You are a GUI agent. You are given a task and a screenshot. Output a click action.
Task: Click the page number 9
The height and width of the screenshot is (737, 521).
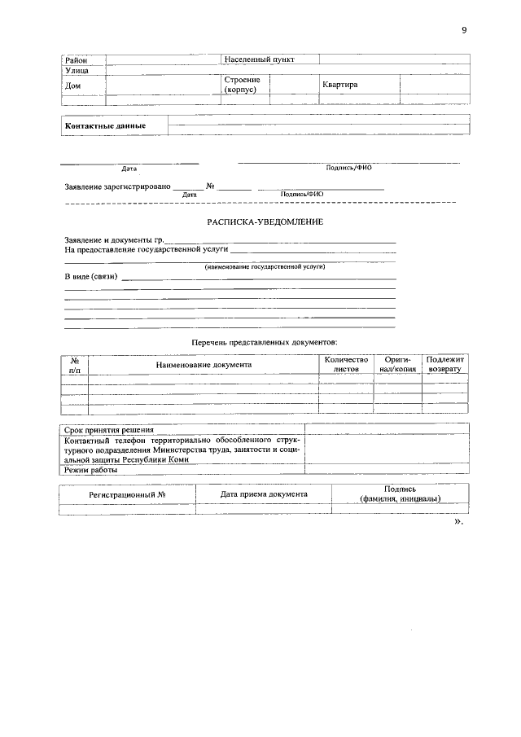pos(464,30)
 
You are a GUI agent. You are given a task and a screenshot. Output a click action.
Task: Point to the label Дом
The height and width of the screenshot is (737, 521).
pos(73,86)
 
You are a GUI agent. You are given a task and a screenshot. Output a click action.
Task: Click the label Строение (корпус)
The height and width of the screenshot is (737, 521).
pos(242,85)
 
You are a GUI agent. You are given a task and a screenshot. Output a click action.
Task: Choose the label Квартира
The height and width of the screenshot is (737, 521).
pos(339,85)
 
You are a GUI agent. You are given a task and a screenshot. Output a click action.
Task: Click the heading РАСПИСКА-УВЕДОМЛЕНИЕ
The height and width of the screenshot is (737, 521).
pos(265,222)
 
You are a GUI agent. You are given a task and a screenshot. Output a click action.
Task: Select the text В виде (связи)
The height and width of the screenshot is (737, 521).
pos(91,277)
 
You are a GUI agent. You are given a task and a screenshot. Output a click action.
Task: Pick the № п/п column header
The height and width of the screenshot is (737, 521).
pos(75,364)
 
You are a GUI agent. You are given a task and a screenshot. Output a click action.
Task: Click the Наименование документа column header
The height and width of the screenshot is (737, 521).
pos(204,365)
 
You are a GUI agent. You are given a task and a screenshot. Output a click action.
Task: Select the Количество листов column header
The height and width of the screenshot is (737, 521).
pos(346,364)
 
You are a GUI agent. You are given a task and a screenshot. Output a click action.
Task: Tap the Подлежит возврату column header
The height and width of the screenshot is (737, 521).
pos(444,364)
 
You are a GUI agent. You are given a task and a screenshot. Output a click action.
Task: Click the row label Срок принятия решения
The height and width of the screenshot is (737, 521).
pos(109,430)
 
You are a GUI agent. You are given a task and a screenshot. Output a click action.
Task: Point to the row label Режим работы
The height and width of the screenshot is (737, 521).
pos(91,470)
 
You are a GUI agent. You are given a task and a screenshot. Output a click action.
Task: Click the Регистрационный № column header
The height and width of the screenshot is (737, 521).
pos(127,494)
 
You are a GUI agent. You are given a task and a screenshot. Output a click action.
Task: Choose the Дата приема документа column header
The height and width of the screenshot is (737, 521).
pos(264,494)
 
